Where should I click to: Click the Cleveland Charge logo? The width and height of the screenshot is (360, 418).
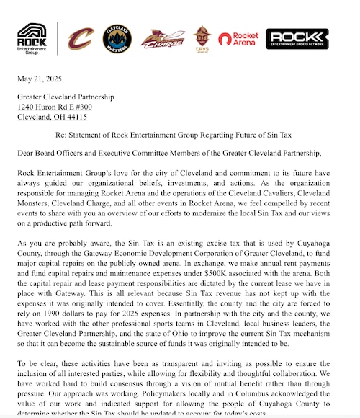coord(163,39)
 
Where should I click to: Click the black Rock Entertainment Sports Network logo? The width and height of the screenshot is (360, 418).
coord(297,39)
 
